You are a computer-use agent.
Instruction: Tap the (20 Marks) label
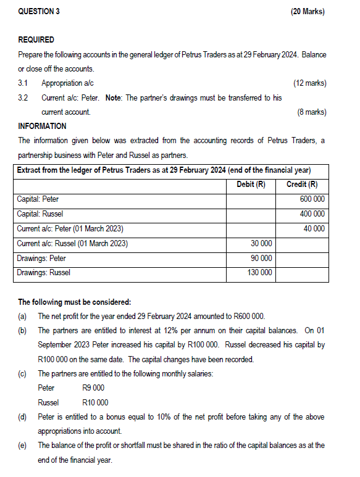click(x=308, y=12)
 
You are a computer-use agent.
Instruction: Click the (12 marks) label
click(x=309, y=83)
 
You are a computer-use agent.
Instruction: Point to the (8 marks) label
click(x=311, y=112)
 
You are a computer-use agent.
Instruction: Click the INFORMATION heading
click(x=43, y=127)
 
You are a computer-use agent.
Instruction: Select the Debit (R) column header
click(x=251, y=184)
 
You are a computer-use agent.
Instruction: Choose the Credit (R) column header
click(x=302, y=184)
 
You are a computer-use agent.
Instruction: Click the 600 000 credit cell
click(x=312, y=199)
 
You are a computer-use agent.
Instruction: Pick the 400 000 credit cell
click(x=312, y=214)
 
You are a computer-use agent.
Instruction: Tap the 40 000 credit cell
click(x=314, y=228)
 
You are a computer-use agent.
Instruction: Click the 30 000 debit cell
click(x=260, y=243)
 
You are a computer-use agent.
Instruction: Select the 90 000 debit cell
click(x=260, y=258)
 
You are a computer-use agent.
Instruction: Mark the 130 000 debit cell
click(x=259, y=273)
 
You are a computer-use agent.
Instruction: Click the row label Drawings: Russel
click(x=44, y=273)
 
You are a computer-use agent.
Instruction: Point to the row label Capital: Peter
click(x=38, y=199)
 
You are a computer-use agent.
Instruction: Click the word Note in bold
click(x=114, y=97)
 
